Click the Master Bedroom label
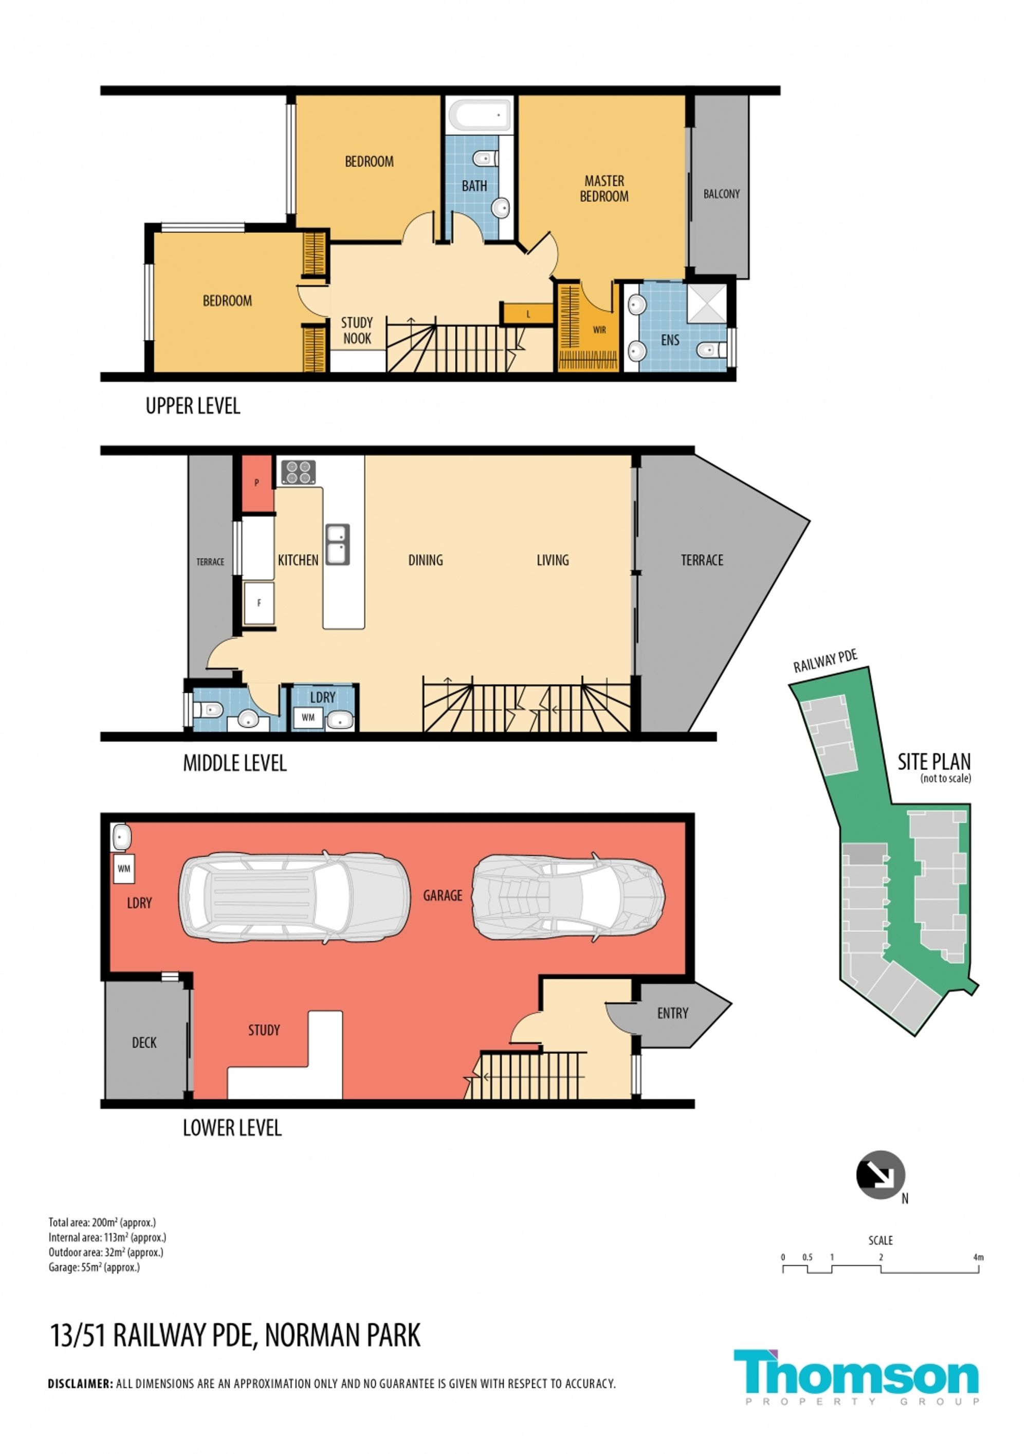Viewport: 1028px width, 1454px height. pos(604,189)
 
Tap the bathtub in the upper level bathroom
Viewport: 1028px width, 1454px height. pos(480,115)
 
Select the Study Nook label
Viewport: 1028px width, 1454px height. pos(357,331)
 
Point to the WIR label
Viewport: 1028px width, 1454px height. pos(599,330)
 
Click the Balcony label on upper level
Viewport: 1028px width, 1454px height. pos(721,194)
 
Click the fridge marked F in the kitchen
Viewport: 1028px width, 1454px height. pos(259,603)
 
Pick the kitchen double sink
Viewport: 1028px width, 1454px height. pos(337,544)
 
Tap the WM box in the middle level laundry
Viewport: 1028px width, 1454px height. pos(308,717)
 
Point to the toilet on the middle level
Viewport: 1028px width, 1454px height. pos(208,709)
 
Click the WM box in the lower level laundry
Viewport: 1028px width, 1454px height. pos(124,869)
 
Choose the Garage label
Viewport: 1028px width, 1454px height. pos(443,895)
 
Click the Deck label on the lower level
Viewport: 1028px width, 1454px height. pos(144,1043)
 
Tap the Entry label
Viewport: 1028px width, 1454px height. pos(672,1013)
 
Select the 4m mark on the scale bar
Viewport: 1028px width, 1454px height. pos(979,1257)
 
